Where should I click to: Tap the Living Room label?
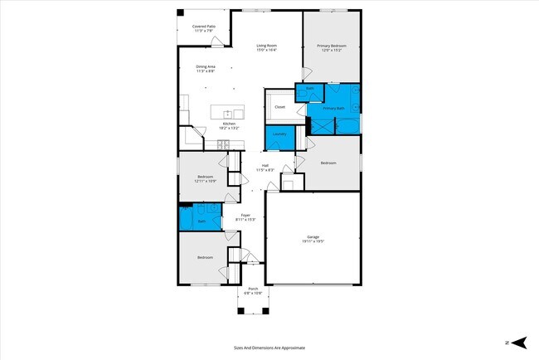coord(266,45)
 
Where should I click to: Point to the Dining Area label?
coord(206,66)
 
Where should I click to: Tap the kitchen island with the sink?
coord(227,112)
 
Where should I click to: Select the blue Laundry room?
coord(279,135)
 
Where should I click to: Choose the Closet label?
coord(279,107)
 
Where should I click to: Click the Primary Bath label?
coord(333,108)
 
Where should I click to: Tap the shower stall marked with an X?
coord(319,124)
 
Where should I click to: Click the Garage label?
coord(313,236)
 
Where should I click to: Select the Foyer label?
coord(245,215)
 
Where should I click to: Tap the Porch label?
coord(253,289)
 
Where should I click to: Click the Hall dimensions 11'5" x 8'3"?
coord(265,170)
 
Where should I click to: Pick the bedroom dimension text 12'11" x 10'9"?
coord(206,180)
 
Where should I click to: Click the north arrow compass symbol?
coord(519,342)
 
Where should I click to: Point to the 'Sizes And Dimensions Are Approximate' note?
coord(269,348)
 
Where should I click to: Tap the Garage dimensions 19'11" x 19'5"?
coord(313,241)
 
